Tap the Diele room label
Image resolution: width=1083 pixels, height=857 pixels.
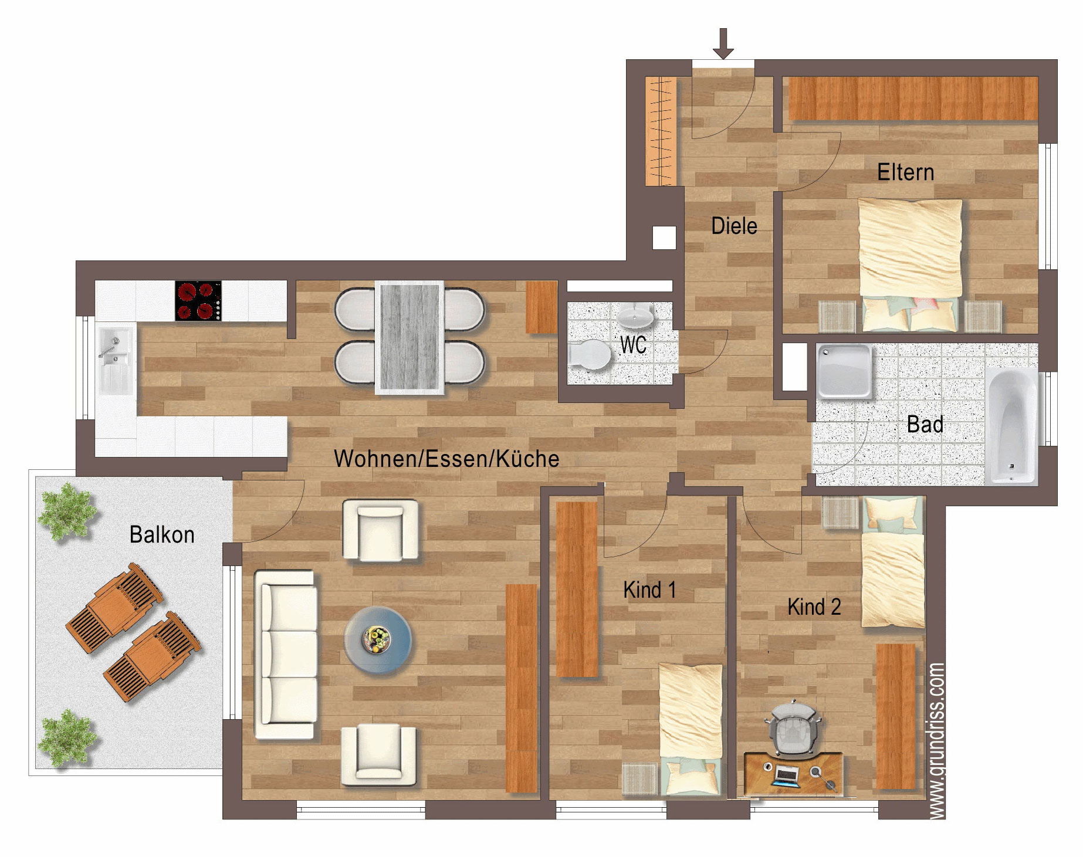tap(734, 226)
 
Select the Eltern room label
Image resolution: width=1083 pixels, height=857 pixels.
tap(905, 172)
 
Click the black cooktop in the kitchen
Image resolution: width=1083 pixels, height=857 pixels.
tap(198, 301)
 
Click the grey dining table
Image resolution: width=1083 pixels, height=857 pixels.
tap(409, 338)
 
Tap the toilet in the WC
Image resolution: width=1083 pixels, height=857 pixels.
tap(590, 355)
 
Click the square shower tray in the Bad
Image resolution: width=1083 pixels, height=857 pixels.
tap(842, 370)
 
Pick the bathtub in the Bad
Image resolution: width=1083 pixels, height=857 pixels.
tap(1011, 425)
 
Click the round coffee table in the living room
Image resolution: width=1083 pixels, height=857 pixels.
tap(378, 639)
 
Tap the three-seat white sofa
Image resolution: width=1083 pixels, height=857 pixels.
tap(285, 654)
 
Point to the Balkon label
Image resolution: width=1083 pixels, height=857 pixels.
tap(162, 535)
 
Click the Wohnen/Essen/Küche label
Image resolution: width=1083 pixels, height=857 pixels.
tap(446, 459)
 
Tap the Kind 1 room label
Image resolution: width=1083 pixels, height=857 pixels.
tap(649, 590)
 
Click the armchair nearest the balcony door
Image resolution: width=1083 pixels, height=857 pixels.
tap(381, 530)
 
